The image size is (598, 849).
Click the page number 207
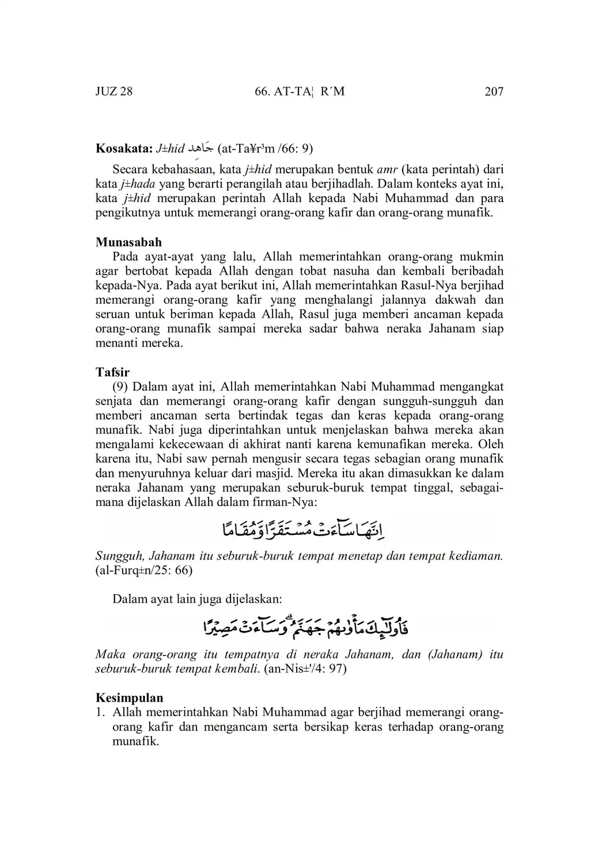pos(494,92)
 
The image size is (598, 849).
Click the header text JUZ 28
pos(113,92)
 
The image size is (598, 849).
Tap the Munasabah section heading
pos(128,242)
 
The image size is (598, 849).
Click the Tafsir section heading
pos(112,372)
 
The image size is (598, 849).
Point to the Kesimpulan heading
pos(129,698)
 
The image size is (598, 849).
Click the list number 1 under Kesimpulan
pos(100,713)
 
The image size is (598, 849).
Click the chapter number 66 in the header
pos(262,92)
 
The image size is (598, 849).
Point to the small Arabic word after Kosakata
pos(201,149)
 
